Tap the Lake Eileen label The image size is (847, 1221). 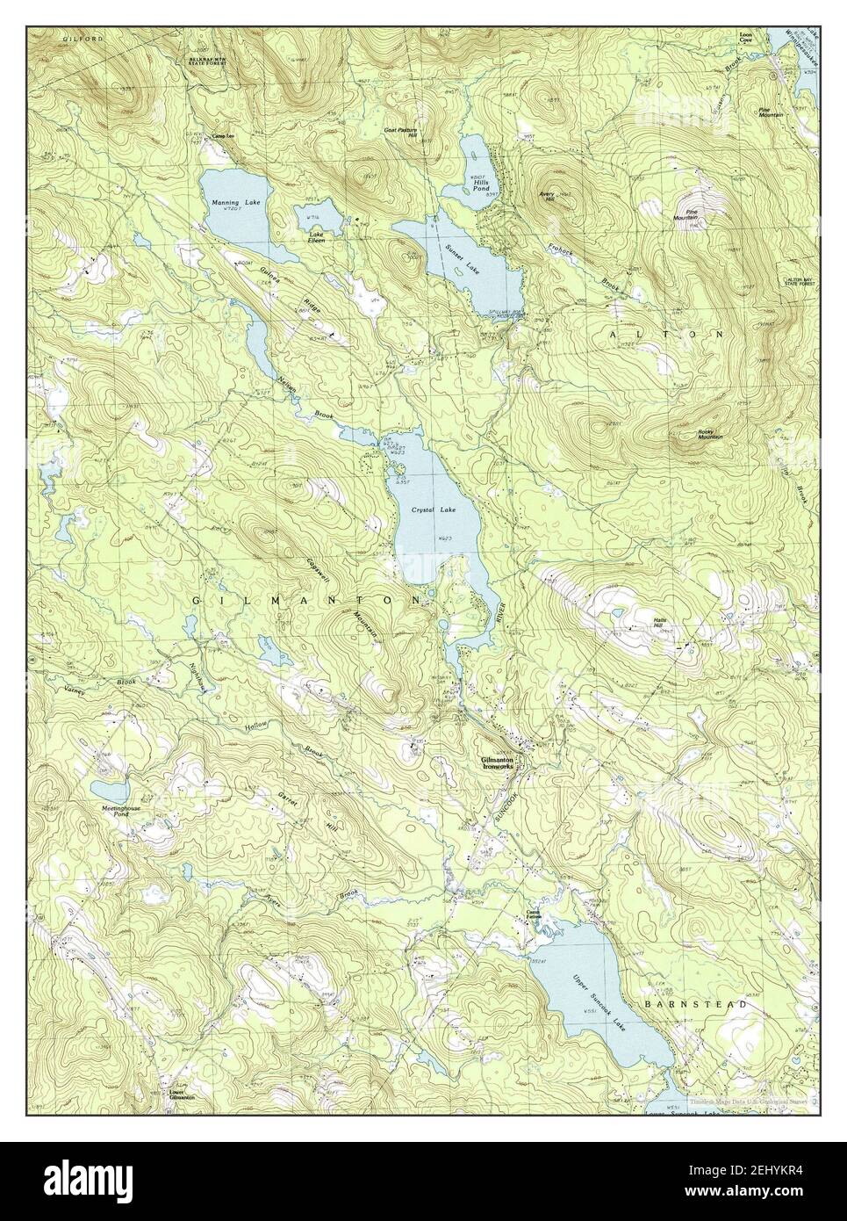pyautogui.click(x=316, y=237)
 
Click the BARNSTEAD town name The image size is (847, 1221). pyautogui.click(x=707, y=1003)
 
